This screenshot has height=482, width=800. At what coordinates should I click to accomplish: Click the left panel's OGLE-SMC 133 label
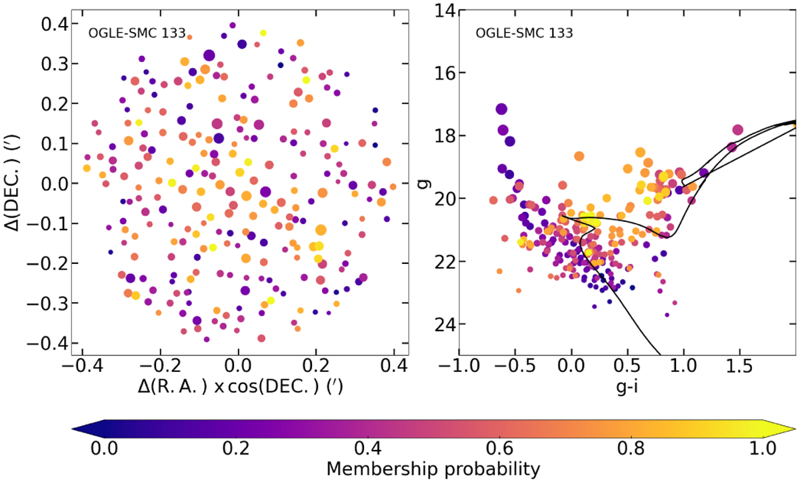[131, 32]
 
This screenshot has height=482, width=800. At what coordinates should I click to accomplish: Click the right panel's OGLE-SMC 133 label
[523, 32]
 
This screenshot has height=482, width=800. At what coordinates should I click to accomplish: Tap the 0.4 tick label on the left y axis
[51, 24]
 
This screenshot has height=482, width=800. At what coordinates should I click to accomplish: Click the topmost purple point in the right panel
[501, 109]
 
